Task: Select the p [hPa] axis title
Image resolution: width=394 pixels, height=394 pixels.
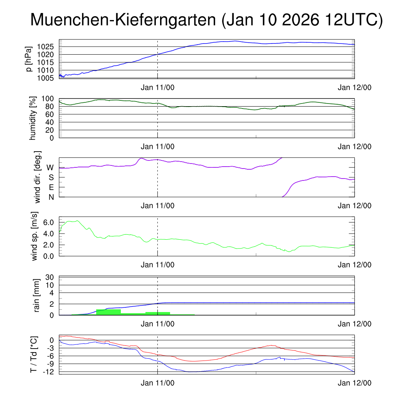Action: coord(28,59)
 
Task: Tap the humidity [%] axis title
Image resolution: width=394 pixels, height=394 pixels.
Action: coord(32,118)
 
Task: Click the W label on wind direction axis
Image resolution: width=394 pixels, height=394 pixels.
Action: coord(50,167)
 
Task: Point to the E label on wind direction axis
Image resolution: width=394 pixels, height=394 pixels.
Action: coord(51,187)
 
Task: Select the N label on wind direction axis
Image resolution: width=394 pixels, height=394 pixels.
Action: coord(51,197)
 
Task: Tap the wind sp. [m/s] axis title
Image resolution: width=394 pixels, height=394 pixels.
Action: coord(35,236)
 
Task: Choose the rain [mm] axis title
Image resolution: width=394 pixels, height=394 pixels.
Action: coord(37,295)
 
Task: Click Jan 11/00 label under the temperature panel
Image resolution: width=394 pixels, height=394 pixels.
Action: coord(157,383)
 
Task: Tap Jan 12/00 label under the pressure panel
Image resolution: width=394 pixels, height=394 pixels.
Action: coord(354,87)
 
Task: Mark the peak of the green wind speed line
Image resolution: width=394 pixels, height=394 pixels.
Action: coord(77,221)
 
